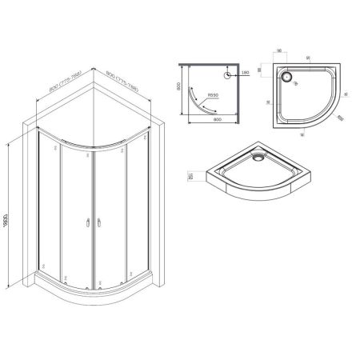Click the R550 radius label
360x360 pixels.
(214, 96)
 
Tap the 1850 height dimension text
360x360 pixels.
(6, 214)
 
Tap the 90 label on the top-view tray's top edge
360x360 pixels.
(310, 61)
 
